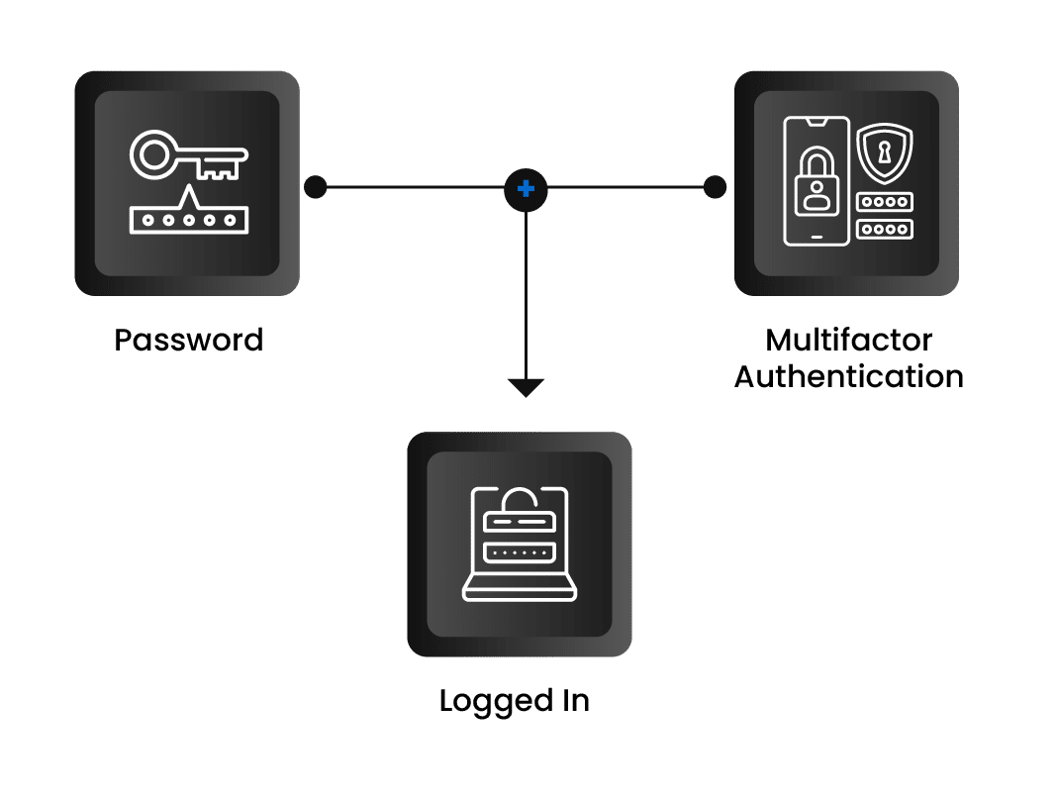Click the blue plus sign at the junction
[526, 187]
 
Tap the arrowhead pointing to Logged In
[526, 387]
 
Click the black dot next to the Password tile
[315, 186]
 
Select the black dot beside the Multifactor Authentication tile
[714, 186]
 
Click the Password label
[188, 341]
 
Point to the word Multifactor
[848, 341]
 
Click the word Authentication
[848, 377]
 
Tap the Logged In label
[514, 702]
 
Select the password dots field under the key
[188, 220]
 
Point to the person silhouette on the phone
[816, 193]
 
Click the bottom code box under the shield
[884, 229]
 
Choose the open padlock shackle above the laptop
[520, 495]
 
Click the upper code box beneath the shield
[884, 202]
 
